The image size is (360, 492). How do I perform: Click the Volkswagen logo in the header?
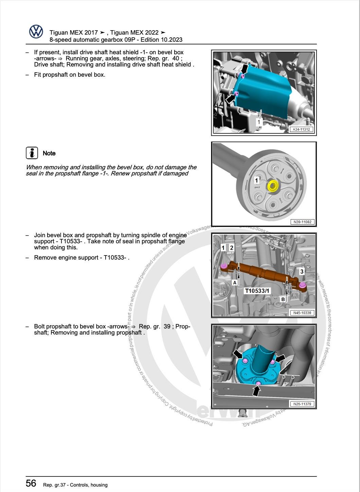coord(36,32)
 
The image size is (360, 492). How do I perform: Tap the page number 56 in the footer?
coord(31,483)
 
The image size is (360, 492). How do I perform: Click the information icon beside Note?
coord(32,153)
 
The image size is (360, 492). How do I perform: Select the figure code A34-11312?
coord(301,129)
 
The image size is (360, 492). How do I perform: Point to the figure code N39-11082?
coord(302,222)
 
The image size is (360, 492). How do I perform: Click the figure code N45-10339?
coord(302,313)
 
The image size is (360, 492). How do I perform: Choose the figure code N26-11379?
coord(302,404)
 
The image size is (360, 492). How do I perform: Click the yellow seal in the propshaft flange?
coord(273,186)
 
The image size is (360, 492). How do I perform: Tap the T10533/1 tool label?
coord(257,290)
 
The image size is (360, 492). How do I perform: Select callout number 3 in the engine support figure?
coord(302,271)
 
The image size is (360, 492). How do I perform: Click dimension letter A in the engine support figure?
coord(234,282)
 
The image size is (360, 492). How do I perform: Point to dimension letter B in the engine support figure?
coord(283,299)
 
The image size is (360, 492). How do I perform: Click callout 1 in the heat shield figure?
coord(259,122)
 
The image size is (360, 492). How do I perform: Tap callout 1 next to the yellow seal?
coord(256,180)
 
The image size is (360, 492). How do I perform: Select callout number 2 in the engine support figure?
coord(231,248)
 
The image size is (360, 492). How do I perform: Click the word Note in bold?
coord(49,153)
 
